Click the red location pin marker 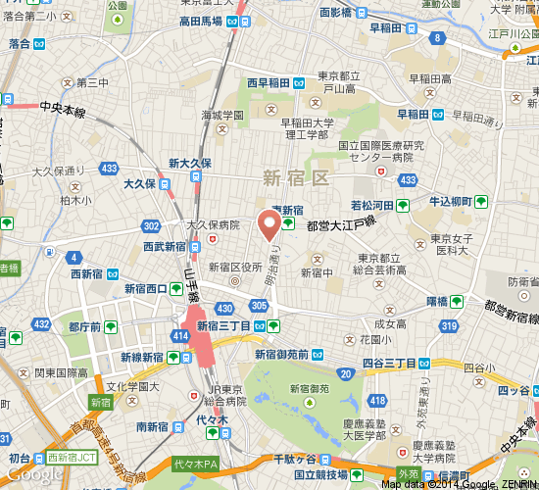(269, 224)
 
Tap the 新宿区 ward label (295, 176)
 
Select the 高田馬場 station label (201, 22)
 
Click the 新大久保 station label (189, 164)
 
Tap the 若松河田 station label (372, 205)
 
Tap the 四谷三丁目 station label (391, 363)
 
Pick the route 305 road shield (259, 306)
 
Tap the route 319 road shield (450, 326)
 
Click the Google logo (34, 474)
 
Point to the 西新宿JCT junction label (73, 458)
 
